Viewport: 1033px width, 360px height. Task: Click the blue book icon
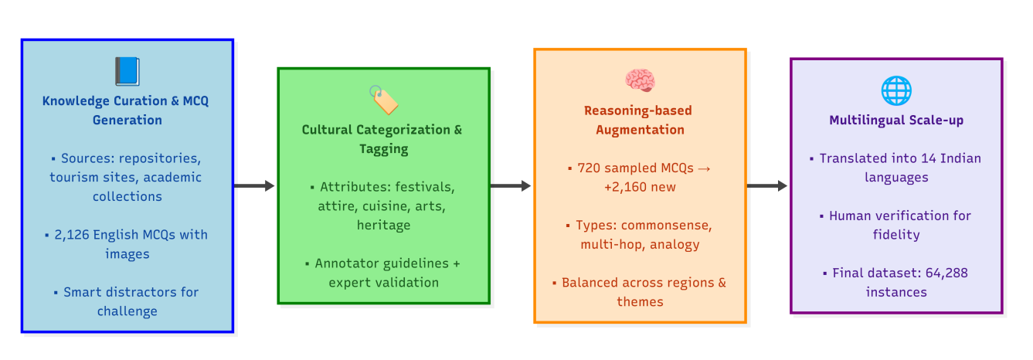127,72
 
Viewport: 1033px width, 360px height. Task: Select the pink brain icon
640,80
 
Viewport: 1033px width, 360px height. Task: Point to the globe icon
896,90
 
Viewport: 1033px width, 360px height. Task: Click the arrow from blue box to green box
254,185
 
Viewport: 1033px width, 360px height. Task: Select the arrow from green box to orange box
511,185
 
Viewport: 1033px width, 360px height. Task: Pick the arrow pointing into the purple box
767,185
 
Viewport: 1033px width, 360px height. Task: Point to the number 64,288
941,273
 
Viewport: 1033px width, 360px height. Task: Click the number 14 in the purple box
910,158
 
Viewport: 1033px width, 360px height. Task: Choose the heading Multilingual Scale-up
896,121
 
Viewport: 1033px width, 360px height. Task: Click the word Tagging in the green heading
383,148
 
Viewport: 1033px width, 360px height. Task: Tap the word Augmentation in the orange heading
640,130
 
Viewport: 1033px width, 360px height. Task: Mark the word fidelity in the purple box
896,235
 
